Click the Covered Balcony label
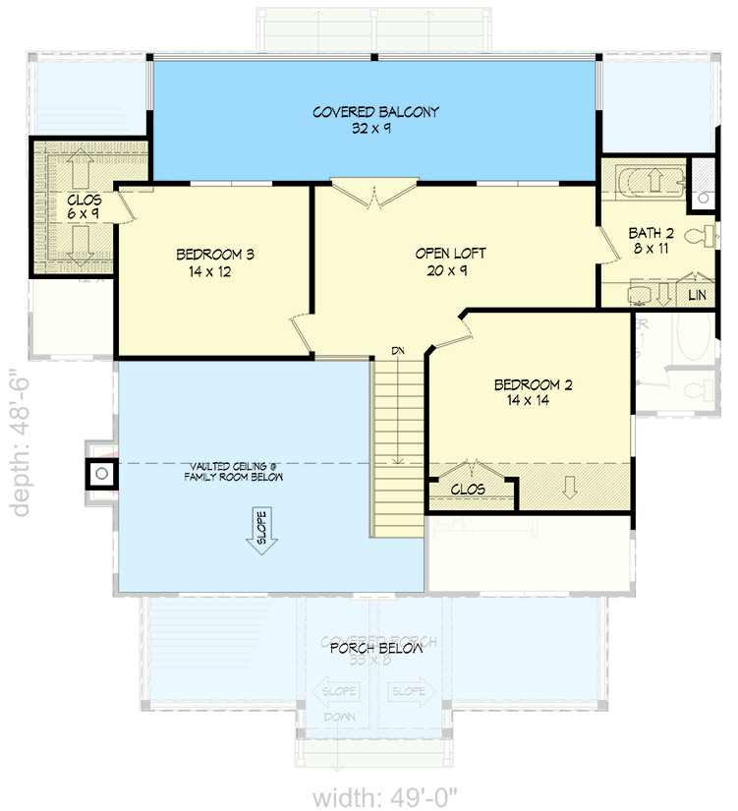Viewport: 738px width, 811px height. [x=375, y=112]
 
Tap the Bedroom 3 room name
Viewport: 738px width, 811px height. [x=215, y=255]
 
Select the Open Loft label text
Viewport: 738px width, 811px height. [x=450, y=254]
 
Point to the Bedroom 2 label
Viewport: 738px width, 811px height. [x=533, y=384]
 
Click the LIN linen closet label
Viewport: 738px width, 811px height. [x=697, y=295]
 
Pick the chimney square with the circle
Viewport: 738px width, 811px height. [x=100, y=475]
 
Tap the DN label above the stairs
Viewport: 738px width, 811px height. [x=398, y=351]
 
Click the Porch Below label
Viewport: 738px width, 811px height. [x=375, y=649]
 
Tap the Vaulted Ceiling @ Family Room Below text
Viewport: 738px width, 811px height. [x=233, y=471]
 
